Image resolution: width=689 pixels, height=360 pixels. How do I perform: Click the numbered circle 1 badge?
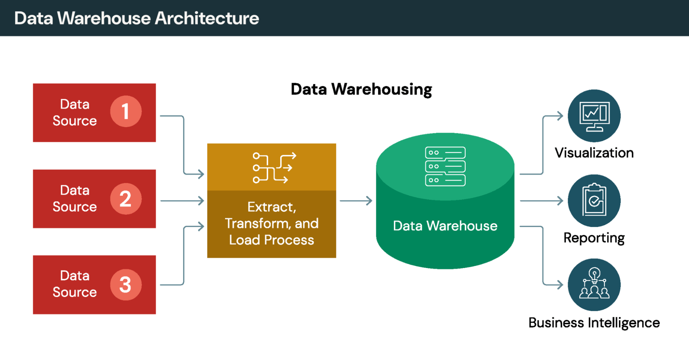click(126, 111)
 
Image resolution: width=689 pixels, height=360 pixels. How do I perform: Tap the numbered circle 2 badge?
click(126, 199)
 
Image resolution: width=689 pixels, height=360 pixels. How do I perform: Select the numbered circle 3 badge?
click(126, 285)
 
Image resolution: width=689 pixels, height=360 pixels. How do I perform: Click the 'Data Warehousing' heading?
click(361, 89)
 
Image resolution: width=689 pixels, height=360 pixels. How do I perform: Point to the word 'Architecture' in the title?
click(207, 18)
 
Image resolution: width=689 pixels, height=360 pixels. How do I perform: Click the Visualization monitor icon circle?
click(594, 116)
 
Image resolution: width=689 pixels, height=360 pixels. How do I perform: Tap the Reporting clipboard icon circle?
click(594, 200)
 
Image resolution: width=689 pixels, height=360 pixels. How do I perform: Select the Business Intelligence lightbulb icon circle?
click(594, 285)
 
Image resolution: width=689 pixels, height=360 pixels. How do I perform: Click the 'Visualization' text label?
click(594, 153)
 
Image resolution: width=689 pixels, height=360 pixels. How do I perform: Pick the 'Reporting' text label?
click(594, 238)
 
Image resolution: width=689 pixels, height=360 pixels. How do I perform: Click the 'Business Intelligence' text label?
click(594, 323)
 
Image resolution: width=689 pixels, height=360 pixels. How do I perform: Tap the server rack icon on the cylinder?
click(445, 166)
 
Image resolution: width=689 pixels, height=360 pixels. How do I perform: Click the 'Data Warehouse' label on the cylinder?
click(445, 226)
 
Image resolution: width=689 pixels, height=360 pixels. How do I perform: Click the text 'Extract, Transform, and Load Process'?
click(272, 223)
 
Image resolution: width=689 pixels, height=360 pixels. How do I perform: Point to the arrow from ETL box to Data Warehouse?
click(356, 200)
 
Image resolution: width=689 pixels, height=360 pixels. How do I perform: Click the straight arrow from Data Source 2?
click(182, 200)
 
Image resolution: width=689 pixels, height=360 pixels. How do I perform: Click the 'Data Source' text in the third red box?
click(75, 284)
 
